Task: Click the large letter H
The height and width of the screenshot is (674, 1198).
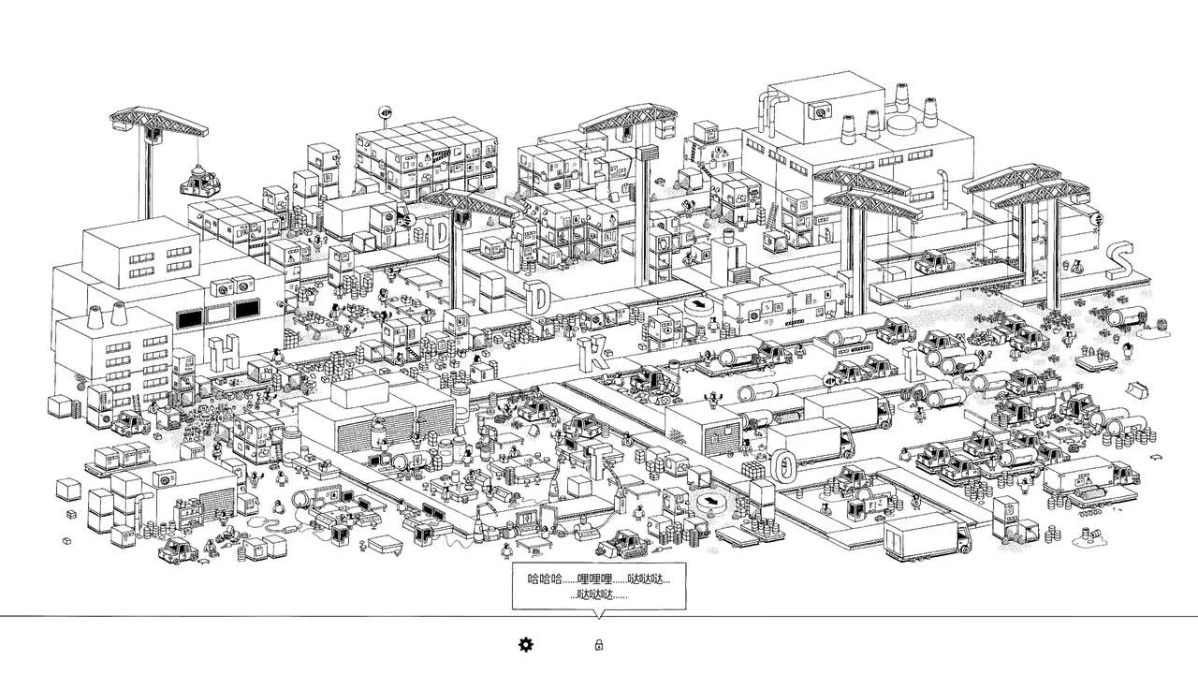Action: [223, 353]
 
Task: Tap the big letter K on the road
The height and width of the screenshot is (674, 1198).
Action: [593, 353]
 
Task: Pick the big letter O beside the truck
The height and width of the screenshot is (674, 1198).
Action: [783, 466]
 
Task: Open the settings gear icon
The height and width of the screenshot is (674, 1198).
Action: [526, 645]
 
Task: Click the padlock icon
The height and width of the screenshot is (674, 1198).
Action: [598, 645]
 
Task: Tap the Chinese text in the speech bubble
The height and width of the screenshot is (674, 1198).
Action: [598, 586]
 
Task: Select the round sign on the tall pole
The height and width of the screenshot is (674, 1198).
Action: [386, 112]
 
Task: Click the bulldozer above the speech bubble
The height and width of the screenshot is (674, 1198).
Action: [623, 544]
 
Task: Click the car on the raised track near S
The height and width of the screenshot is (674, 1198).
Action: [933, 262]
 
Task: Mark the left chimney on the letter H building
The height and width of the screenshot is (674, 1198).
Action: [95, 317]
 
